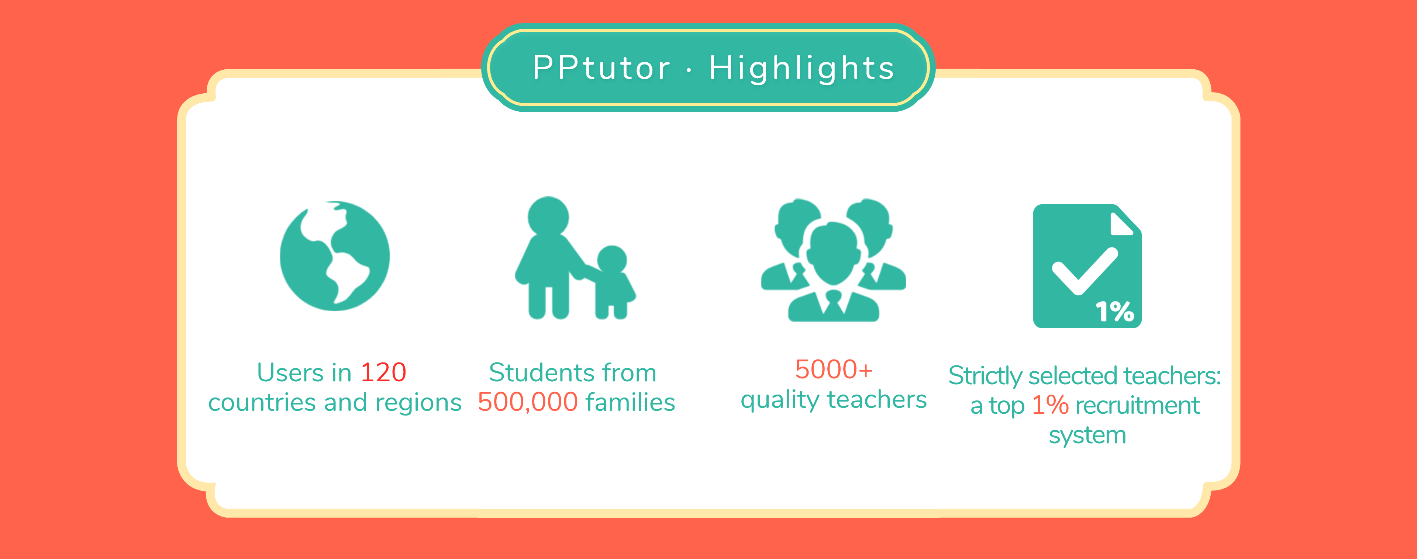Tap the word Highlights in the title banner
(801, 69)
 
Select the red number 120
(383, 373)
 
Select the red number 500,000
(528, 402)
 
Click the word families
(630, 402)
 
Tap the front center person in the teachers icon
(833, 272)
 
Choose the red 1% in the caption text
(1050, 405)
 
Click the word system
(1087, 436)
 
